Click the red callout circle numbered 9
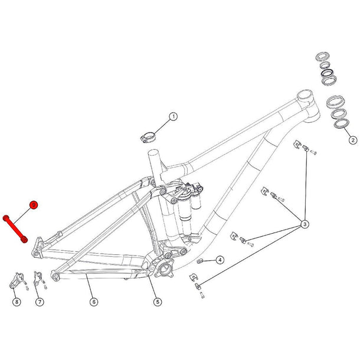pos(34,204)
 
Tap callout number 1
pos(174,117)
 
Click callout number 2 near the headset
pos(352,140)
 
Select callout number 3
pos(305,224)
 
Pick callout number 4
pos(219,260)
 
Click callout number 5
pos(158,302)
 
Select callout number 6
pos(94,302)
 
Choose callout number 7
pos(40,302)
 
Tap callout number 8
pos(17,302)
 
